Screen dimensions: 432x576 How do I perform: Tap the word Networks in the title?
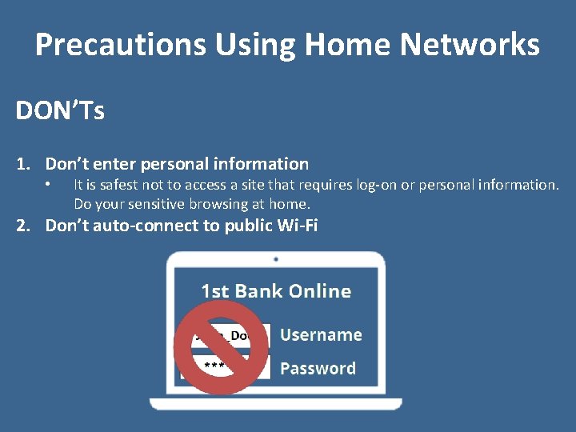470,45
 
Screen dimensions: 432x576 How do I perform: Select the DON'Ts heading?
60,111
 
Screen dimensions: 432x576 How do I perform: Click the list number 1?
23,164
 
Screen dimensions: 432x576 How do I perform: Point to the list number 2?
23,226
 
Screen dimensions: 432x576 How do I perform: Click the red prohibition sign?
222,348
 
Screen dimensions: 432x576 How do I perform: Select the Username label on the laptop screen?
321,335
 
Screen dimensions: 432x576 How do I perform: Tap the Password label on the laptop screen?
318,369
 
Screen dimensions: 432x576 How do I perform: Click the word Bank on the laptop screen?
262,291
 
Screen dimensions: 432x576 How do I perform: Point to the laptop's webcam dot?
276,260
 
